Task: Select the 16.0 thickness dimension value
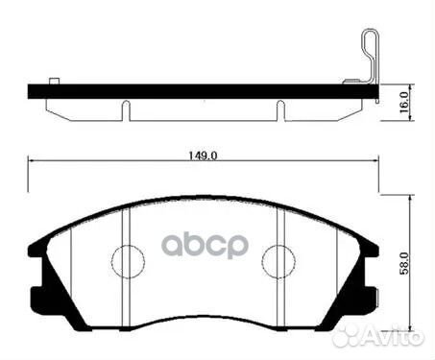[407, 100]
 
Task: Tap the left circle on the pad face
[129, 260]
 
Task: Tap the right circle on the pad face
[277, 260]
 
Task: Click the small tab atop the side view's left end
[55, 80]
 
